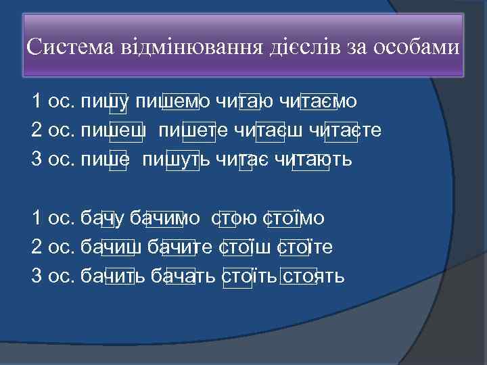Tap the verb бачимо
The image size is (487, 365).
[164, 218]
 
